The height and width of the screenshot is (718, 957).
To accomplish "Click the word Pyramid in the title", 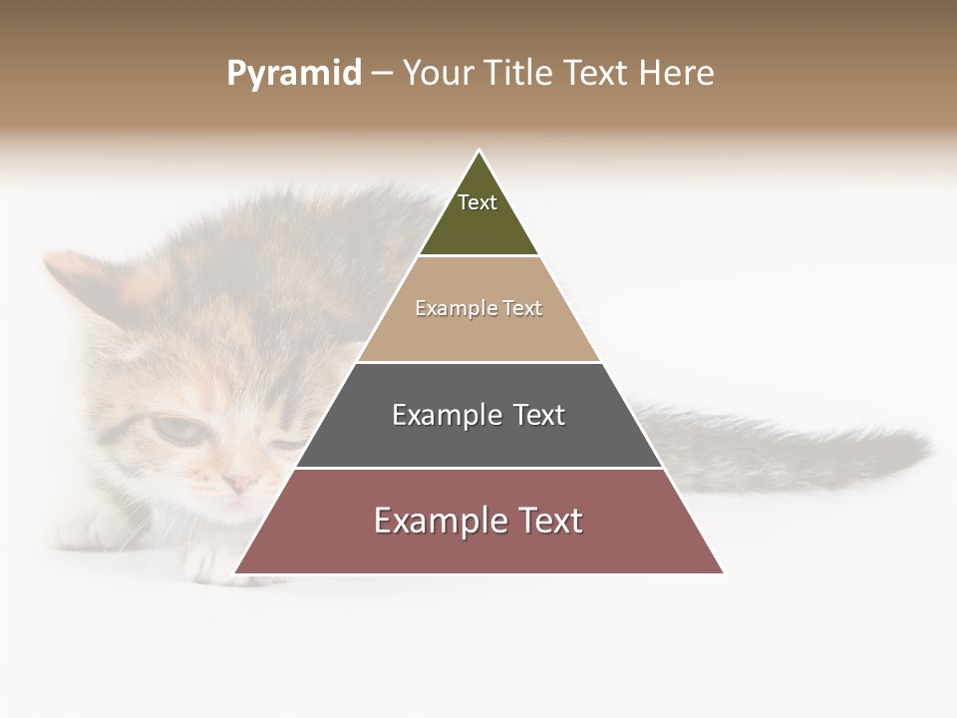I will click(x=293, y=74).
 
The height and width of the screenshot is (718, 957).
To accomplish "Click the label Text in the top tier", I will click(x=478, y=202).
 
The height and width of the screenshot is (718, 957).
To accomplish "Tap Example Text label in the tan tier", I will click(x=478, y=308).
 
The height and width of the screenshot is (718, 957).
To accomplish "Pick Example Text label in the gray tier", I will click(x=478, y=415).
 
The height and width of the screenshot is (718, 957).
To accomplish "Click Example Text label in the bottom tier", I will click(x=478, y=521).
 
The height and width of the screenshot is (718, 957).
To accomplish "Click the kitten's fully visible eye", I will click(x=175, y=430).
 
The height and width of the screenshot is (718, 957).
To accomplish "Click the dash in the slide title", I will click(x=381, y=74).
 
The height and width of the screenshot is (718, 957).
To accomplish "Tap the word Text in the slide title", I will click(x=595, y=74).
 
